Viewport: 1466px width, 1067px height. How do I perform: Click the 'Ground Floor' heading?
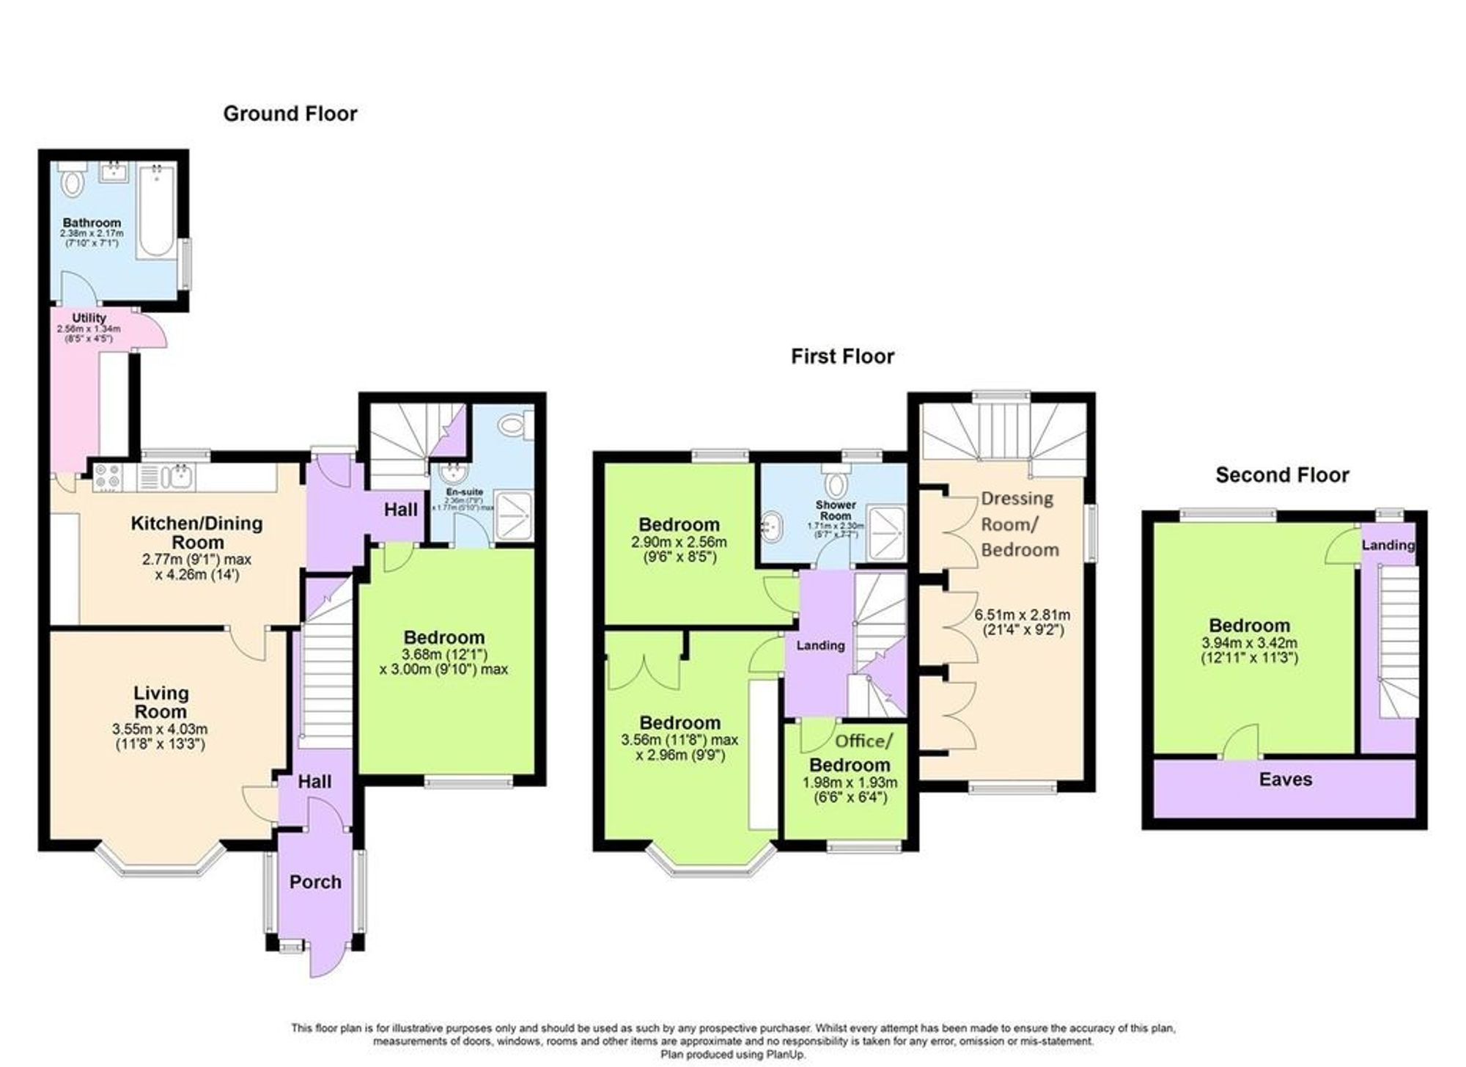click(290, 114)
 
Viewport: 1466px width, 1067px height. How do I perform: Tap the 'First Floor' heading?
click(842, 356)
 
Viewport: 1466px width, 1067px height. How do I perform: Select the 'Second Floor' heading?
click(1282, 475)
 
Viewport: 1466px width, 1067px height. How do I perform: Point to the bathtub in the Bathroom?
click(155, 211)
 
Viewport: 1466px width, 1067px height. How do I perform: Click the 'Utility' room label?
click(89, 318)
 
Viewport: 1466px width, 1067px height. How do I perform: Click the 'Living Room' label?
click(161, 702)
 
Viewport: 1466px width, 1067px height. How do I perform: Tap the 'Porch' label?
click(315, 881)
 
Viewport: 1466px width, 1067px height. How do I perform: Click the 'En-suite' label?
click(464, 491)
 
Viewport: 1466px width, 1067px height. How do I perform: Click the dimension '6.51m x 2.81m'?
click(1022, 615)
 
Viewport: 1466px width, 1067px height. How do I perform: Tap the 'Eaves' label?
click(1285, 780)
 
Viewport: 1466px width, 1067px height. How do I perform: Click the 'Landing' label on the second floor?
click(1388, 545)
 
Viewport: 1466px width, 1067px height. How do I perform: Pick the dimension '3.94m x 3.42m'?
click(1249, 643)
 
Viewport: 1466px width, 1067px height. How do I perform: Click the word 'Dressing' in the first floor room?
click(1017, 499)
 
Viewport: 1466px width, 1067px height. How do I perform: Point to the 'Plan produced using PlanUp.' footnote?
click(732, 1055)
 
